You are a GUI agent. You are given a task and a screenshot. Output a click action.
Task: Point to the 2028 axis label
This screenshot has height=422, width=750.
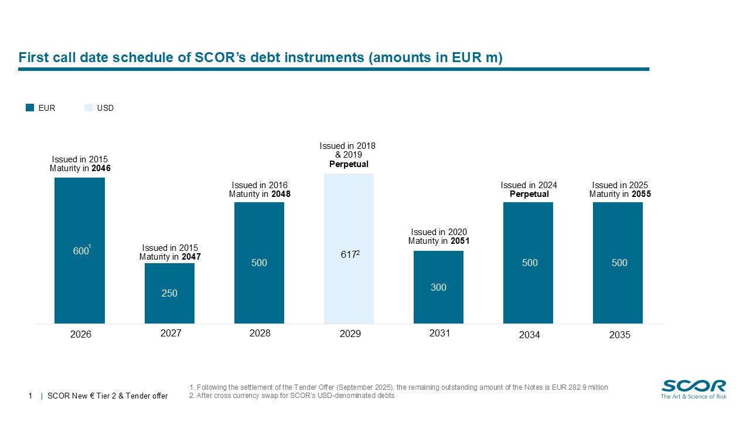260,333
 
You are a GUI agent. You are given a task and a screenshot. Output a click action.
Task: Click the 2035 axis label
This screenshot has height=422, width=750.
619,335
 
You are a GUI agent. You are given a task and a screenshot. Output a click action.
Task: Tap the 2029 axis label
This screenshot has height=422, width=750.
350,335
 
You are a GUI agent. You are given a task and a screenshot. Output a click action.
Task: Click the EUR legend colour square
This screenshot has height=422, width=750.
30,108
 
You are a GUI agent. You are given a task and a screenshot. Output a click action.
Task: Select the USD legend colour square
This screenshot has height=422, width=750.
88,108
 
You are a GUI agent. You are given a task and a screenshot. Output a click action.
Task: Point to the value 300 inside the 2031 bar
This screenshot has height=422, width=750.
438,287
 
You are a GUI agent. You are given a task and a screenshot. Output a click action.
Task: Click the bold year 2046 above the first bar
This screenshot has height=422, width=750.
101,168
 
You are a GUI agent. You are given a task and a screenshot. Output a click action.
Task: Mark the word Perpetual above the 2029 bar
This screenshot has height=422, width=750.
349,164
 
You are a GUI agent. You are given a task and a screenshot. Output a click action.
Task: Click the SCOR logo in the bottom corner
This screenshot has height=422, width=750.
693,389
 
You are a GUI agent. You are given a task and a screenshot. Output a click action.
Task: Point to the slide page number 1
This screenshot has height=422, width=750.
30,396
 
